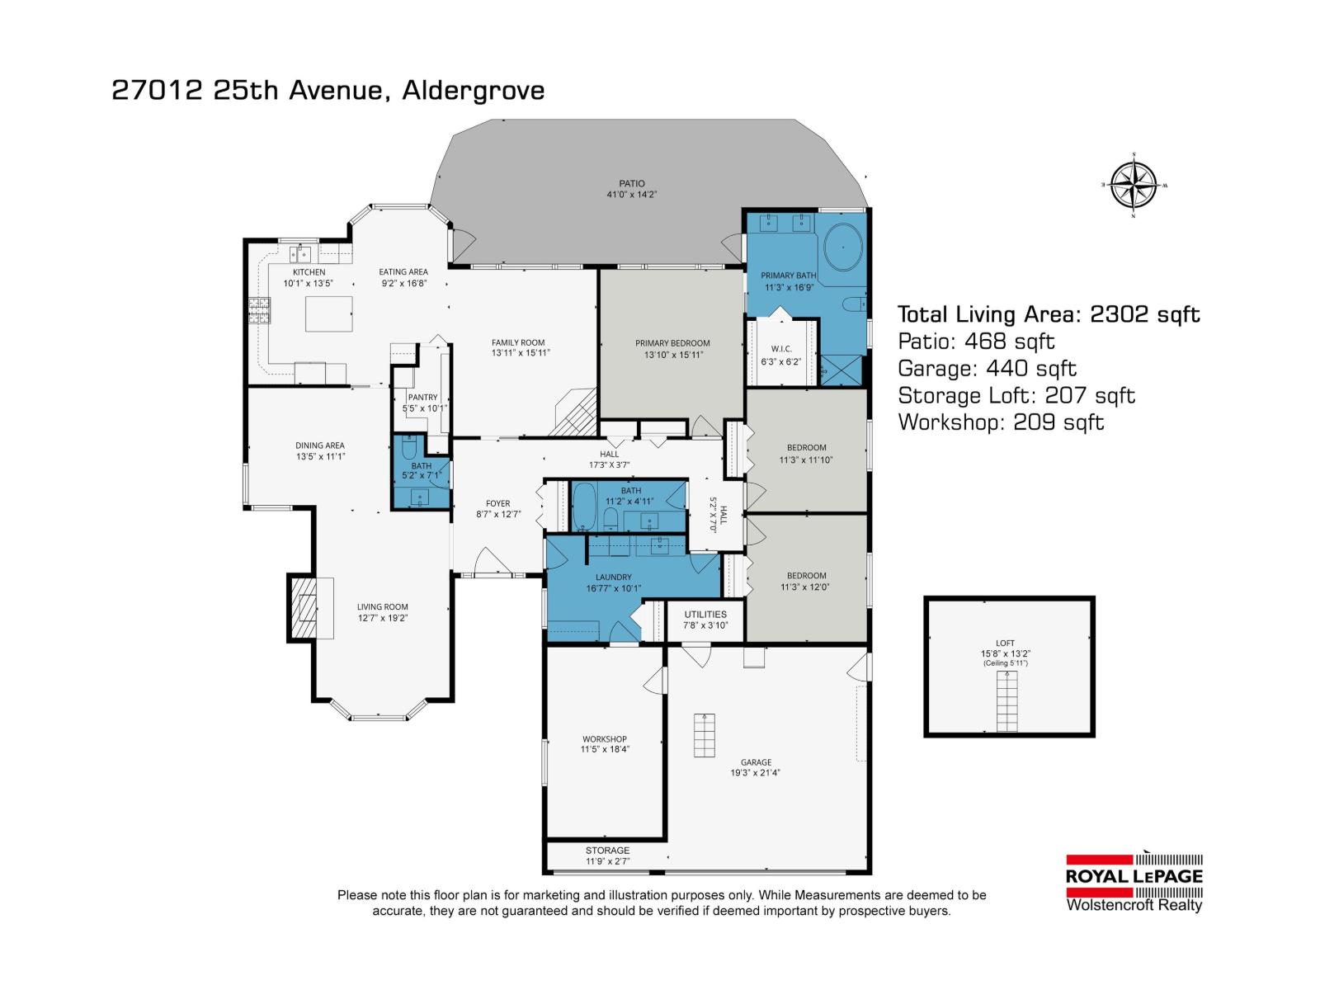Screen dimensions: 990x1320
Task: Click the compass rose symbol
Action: (x=1133, y=185)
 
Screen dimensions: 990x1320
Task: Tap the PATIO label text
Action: (x=632, y=183)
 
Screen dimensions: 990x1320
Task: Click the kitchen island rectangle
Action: (x=328, y=313)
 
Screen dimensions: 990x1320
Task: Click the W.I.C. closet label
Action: (x=780, y=349)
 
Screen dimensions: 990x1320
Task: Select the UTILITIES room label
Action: (x=705, y=614)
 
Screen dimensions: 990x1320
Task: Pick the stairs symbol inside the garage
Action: (x=704, y=735)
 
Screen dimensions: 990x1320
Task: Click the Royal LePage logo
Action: (x=1134, y=877)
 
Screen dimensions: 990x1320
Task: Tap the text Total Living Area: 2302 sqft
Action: (x=1048, y=314)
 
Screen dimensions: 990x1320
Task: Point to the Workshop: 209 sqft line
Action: (x=1000, y=422)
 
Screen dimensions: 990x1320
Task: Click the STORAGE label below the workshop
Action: (x=607, y=850)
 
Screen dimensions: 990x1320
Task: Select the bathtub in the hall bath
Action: (x=584, y=507)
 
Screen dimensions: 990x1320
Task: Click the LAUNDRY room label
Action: (x=613, y=577)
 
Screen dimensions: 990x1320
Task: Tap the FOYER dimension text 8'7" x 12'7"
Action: (x=497, y=515)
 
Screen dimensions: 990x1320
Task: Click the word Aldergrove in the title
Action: (x=473, y=90)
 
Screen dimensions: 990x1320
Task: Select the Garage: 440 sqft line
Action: (x=987, y=369)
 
